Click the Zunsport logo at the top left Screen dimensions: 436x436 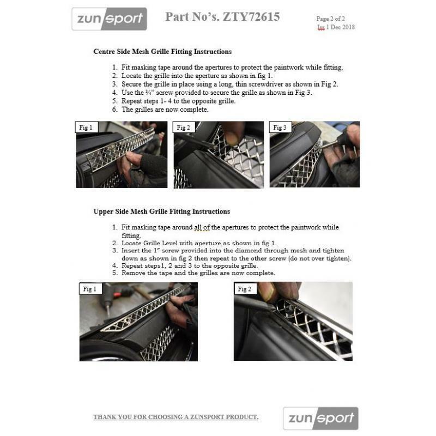tap(110, 19)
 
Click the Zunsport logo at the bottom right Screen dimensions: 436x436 tap(320, 418)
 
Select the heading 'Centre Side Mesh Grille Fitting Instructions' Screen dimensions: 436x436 tap(162, 52)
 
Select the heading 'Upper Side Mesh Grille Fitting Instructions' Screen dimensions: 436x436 tap(161, 211)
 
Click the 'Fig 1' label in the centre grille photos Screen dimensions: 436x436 tap(86, 128)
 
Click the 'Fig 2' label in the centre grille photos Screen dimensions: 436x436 tap(183, 128)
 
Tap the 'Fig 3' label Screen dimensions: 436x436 tap(280, 128)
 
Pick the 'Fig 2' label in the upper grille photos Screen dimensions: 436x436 tap(244, 289)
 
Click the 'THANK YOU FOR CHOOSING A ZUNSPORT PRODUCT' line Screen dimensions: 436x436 tap(175, 417)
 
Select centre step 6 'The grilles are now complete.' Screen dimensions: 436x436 tap(165, 109)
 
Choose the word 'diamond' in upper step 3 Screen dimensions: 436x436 tap(228, 251)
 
